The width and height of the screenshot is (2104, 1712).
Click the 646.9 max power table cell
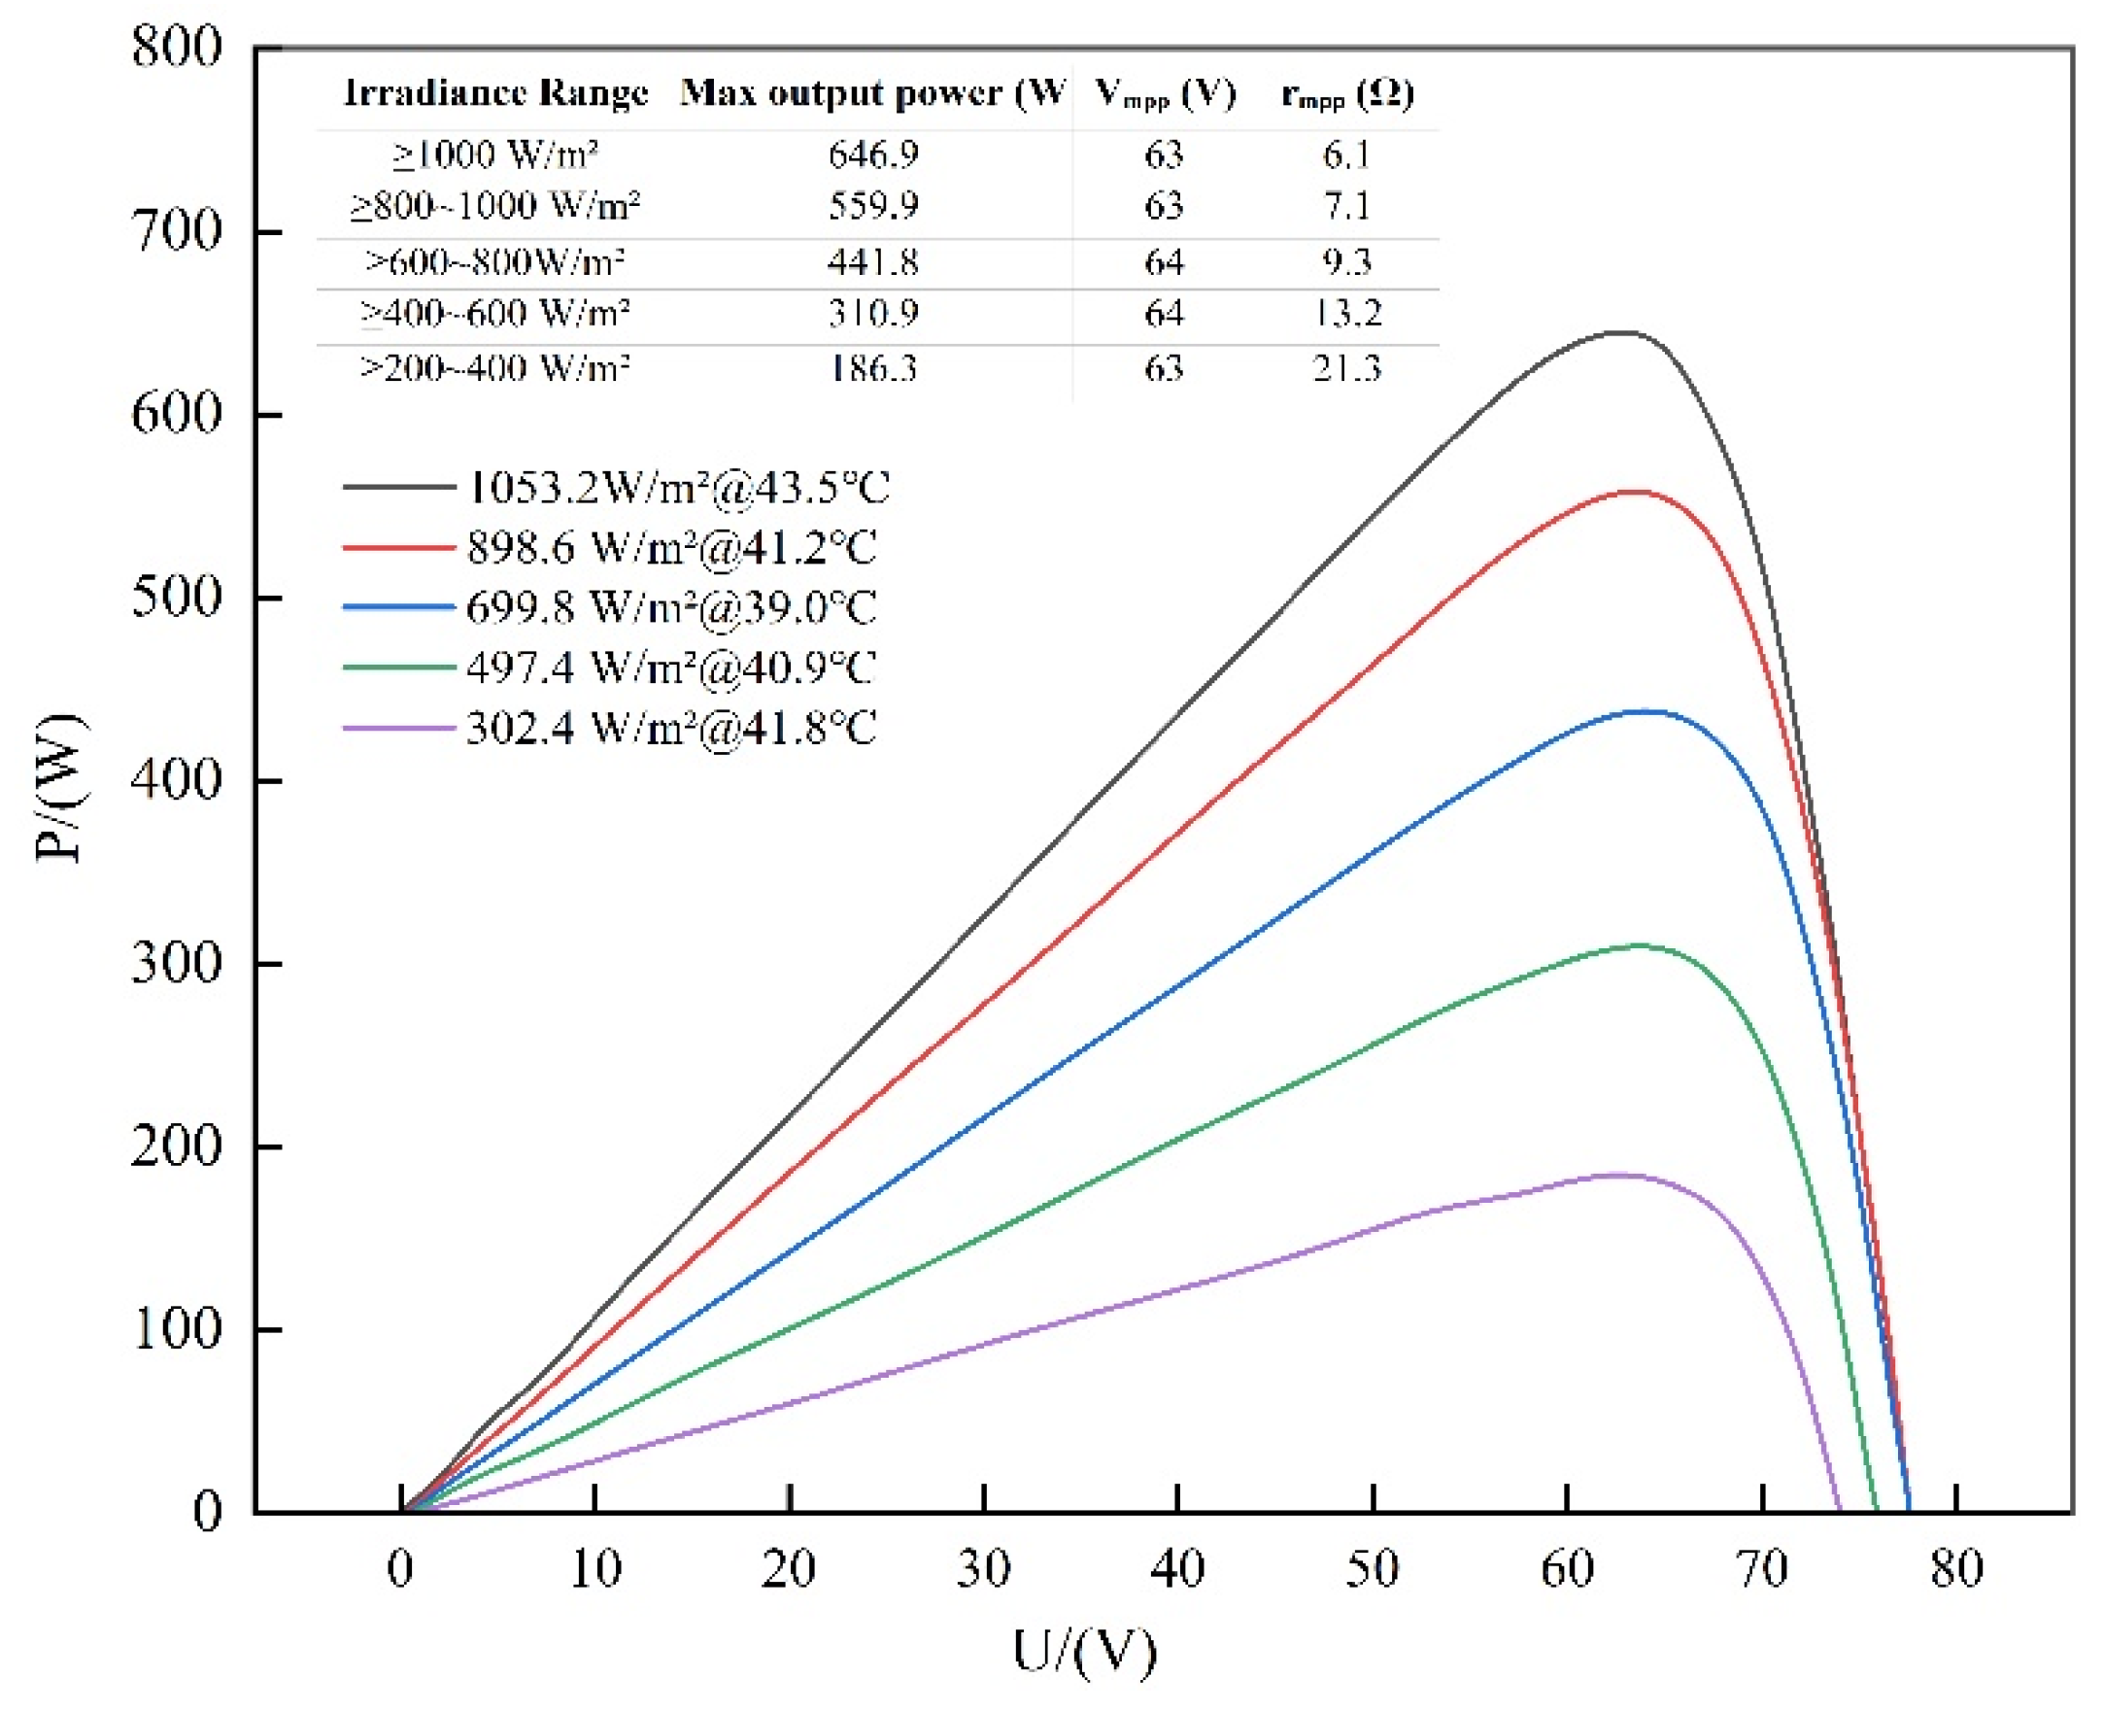click(872, 154)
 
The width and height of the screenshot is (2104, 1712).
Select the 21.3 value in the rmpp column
click(1345, 368)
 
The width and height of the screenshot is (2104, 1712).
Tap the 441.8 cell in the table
click(872, 261)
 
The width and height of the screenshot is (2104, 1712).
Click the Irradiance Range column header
click(496, 92)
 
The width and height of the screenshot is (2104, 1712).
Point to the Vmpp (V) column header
click(1166, 93)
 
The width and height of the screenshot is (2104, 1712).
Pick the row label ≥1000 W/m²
click(495, 154)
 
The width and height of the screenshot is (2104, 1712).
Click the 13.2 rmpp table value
click(1345, 313)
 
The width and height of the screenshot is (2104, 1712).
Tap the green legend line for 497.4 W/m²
click(398, 668)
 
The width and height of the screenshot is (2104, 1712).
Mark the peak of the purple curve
click(1617, 1174)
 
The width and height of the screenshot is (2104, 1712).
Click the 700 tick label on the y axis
click(178, 232)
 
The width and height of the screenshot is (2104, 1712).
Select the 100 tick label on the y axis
click(178, 1329)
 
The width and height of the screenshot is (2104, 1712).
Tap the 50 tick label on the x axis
click(1373, 1568)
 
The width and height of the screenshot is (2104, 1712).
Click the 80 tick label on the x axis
click(1956, 1568)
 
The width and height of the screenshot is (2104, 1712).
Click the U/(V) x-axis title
click(1084, 1652)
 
